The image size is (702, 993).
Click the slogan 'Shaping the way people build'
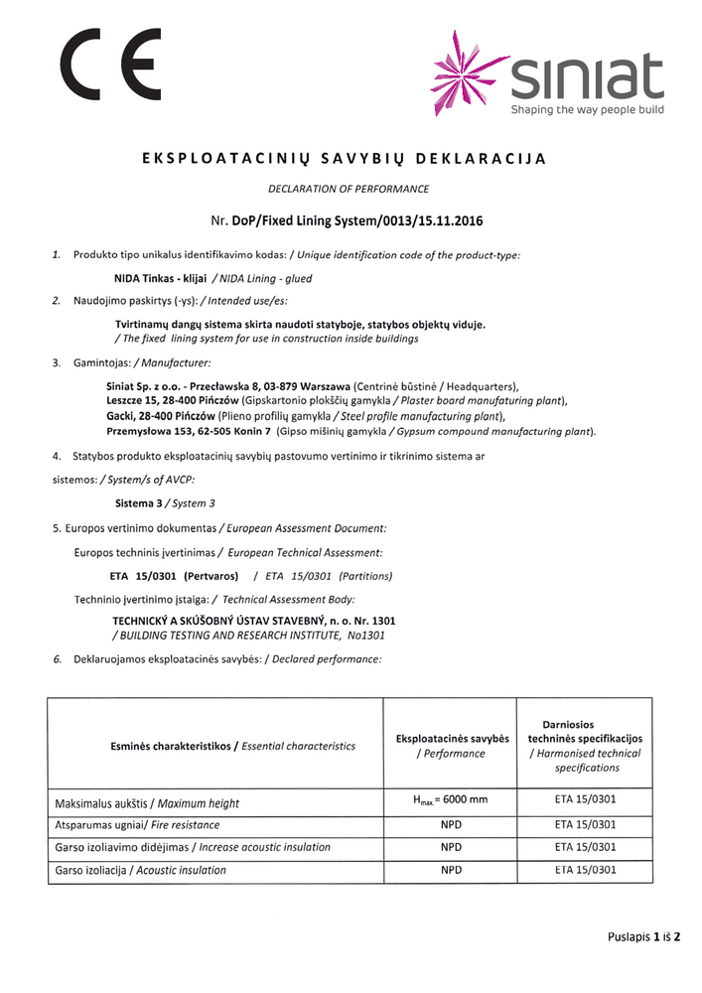[587, 110]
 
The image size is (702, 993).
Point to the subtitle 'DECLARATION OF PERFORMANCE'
[349, 188]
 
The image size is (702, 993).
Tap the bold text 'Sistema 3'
[139, 503]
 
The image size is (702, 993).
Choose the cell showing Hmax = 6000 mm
[451, 800]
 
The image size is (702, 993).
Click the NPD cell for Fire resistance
[451, 824]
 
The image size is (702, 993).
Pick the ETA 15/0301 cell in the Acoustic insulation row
[585, 870]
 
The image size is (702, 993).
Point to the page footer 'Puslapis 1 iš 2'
[649, 936]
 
